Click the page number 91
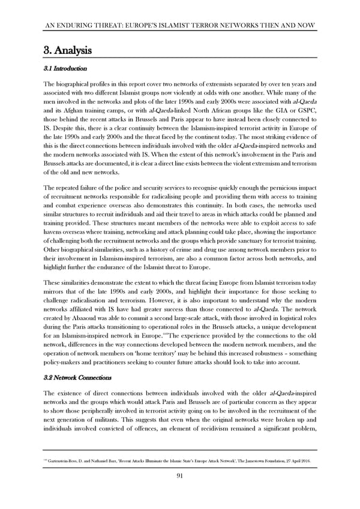[x=180, y=475]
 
